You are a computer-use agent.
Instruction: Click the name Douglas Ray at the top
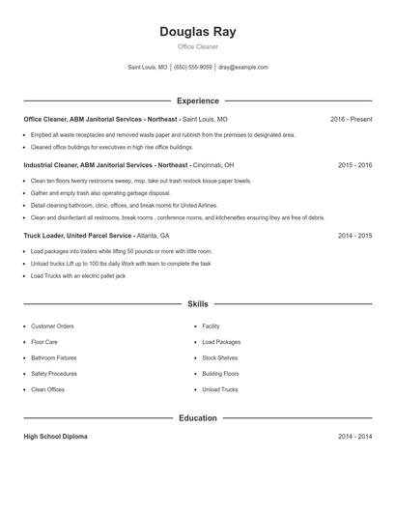(x=197, y=32)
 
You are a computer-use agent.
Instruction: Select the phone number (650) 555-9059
(x=192, y=68)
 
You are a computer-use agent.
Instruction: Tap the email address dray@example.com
(x=242, y=68)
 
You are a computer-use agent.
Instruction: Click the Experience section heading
(x=197, y=100)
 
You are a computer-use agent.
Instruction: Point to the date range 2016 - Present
(x=351, y=119)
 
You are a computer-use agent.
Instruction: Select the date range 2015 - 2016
(x=354, y=165)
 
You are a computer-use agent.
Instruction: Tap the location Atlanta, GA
(x=153, y=235)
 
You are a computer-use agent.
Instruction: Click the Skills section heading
(x=197, y=303)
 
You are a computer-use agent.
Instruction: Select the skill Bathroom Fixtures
(x=53, y=357)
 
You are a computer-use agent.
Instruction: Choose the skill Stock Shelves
(x=219, y=357)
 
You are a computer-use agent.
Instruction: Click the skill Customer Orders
(x=52, y=327)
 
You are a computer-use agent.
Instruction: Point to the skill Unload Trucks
(x=219, y=389)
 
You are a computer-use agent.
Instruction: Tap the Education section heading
(x=197, y=418)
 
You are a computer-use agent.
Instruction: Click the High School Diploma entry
(x=55, y=437)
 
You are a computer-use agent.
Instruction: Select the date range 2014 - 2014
(x=354, y=437)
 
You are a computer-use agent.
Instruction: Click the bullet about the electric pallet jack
(x=78, y=275)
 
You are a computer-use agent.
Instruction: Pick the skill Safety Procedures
(x=53, y=373)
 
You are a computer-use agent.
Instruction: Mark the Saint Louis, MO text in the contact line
(x=147, y=68)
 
